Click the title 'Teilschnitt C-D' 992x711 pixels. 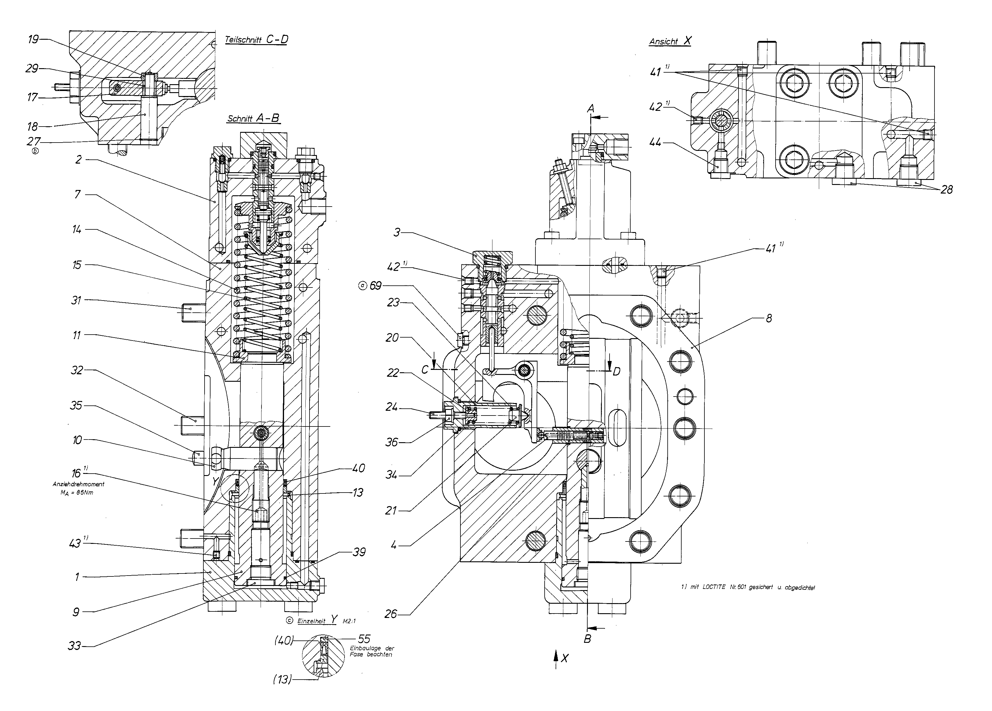click(256, 39)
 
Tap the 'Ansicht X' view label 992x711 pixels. click(670, 41)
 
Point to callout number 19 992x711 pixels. click(33, 39)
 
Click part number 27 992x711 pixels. click(33, 142)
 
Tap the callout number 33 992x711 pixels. click(74, 646)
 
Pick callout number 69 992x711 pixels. click(375, 286)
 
